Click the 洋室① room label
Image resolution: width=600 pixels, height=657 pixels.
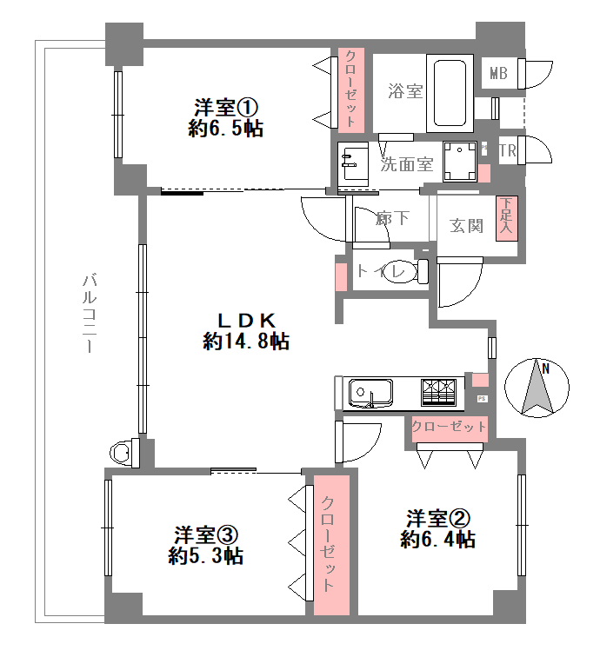tap(226, 108)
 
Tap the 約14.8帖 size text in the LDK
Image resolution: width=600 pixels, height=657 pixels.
tap(246, 342)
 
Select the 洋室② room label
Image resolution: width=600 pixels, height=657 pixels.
tap(438, 519)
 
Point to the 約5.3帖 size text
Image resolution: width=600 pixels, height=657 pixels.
tap(206, 556)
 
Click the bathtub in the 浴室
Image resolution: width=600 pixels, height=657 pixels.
tap(450, 93)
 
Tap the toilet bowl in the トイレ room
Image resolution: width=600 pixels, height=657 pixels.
tap(406, 270)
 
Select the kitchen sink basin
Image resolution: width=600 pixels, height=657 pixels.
tap(370, 393)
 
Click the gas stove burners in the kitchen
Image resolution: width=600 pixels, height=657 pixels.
tap(438, 392)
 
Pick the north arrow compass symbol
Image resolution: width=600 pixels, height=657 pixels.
tap(537, 388)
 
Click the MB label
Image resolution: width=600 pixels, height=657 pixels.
tap(498, 74)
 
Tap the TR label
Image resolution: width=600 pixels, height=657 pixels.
tap(507, 150)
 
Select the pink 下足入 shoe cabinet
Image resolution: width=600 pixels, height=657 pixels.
tap(507, 218)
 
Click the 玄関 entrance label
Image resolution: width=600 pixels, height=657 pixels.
tap(466, 226)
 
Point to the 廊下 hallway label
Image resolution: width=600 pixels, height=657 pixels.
tap(392, 218)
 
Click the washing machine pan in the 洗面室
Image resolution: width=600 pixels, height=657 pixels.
tap(460, 162)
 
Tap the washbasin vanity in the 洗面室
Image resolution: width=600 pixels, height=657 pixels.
tap(353, 164)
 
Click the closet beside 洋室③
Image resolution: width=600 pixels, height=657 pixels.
tap(331, 545)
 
